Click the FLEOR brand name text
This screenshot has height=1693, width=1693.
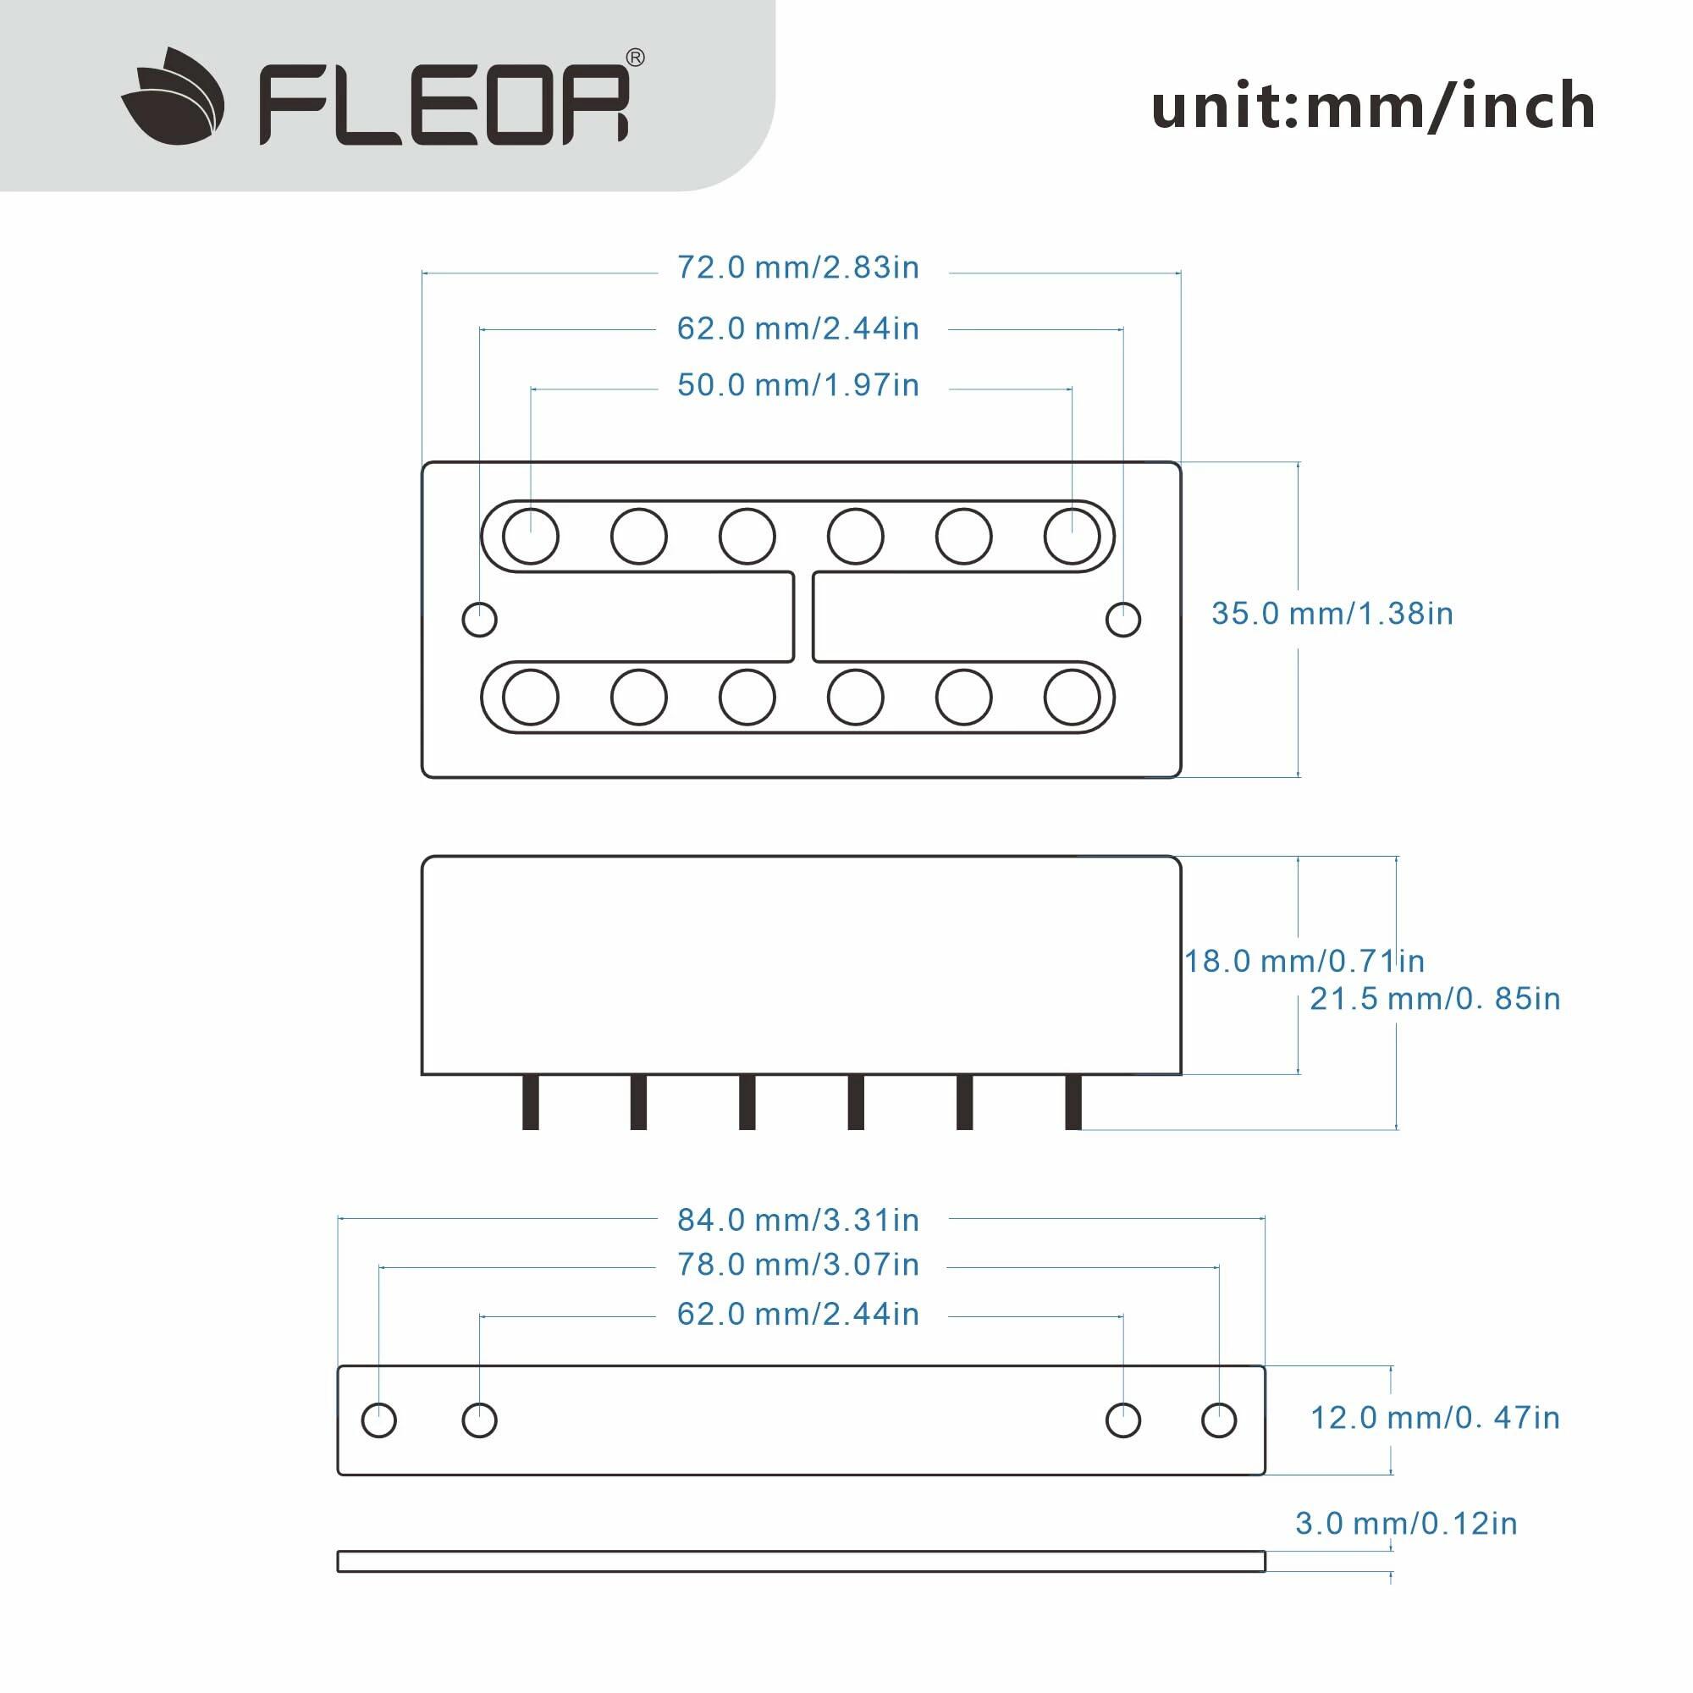pos(444,106)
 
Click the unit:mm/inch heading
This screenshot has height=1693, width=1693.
pos(1373,106)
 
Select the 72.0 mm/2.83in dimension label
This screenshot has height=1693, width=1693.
pos(797,267)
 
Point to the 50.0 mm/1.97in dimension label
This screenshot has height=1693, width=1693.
pos(797,384)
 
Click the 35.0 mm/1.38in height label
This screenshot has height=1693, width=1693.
pos(1332,614)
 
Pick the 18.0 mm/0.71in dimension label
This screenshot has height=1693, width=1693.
pos(1304,962)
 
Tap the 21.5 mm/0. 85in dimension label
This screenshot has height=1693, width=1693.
pos(1435,999)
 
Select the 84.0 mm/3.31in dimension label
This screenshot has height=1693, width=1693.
pos(797,1220)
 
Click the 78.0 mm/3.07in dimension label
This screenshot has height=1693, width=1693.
pos(797,1265)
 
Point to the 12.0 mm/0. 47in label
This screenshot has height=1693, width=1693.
pos(1435,1418)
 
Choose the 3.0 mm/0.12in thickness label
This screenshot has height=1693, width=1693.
pos(1405,1523)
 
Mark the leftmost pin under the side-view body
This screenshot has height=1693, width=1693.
pos(530,1102)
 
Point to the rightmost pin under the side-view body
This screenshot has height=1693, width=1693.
pos(1073,1102)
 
